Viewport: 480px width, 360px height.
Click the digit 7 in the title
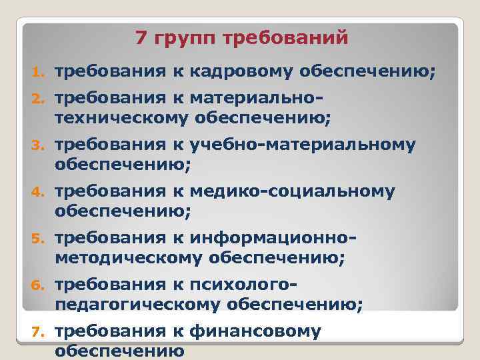[x=141, y=38]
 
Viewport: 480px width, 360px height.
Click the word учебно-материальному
[x=303, y=145]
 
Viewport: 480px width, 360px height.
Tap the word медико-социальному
[x=292, y=192]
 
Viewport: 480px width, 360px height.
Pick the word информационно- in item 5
[x=273, y=238]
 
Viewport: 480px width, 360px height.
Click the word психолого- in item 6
[x=243, y=285]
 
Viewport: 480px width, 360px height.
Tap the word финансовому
[x=255, y=331]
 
